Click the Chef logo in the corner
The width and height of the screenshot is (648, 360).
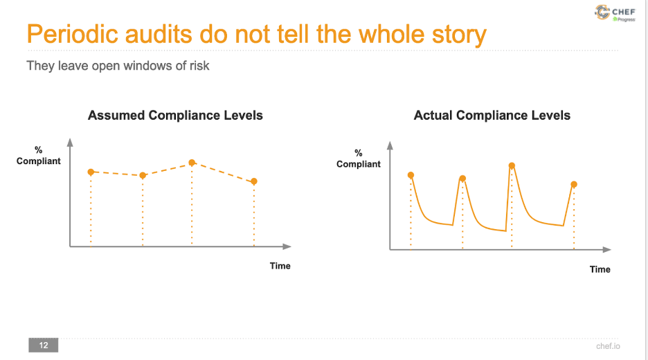coord(615,13)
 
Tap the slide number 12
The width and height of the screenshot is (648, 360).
coord(44,345)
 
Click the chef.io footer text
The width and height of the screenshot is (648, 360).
coord(608,346)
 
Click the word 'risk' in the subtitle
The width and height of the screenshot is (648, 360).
coord(199,66)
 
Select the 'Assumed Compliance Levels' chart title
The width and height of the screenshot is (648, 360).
coord(175,116)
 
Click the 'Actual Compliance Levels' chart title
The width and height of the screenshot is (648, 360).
coord(492,116)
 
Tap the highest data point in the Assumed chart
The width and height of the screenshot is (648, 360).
coord(192,163)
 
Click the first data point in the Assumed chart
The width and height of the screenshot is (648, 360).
coord(91,172)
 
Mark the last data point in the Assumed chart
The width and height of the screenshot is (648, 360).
coord(254,181)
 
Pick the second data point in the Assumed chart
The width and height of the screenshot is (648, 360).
coord(143,176)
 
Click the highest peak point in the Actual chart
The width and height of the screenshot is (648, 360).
coord(512,165)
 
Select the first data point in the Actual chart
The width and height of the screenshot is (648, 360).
coord(411,175)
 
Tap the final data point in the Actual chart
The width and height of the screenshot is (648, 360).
coord(574,184)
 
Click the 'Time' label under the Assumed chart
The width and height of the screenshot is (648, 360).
coord(280,266)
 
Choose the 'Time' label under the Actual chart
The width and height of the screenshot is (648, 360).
coord(600,269)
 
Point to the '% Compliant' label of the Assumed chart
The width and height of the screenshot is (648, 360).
coord(39,155)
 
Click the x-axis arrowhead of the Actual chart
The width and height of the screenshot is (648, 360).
coord(607,250)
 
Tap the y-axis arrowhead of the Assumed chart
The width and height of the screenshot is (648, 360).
coord(70,143)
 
